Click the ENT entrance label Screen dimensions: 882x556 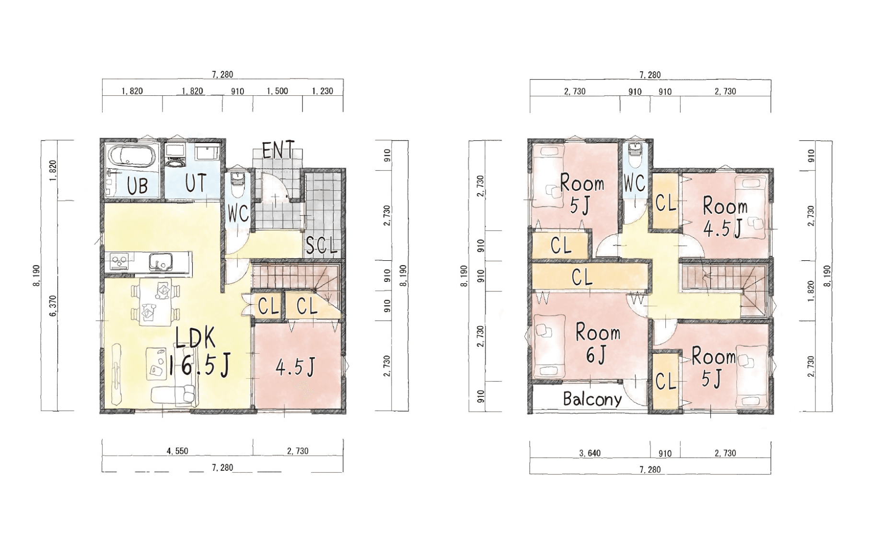[278, 150]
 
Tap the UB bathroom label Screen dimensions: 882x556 [138, 185]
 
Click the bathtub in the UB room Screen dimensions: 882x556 [132, 157]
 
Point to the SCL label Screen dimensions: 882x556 [322, 246]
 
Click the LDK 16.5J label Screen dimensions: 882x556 [197, 353]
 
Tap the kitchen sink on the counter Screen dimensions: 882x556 [160, 263]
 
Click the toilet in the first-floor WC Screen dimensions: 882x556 [237, 184]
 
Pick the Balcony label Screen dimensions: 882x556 [592, 399]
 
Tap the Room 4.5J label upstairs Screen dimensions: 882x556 [725, 218]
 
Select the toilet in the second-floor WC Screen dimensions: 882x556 [636, 156]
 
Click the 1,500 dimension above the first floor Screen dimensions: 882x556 [277, 91]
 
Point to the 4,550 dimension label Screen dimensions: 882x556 [177, 451]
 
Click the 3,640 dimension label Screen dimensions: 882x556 [590, 453]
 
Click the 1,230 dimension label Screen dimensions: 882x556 [322, 91]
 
